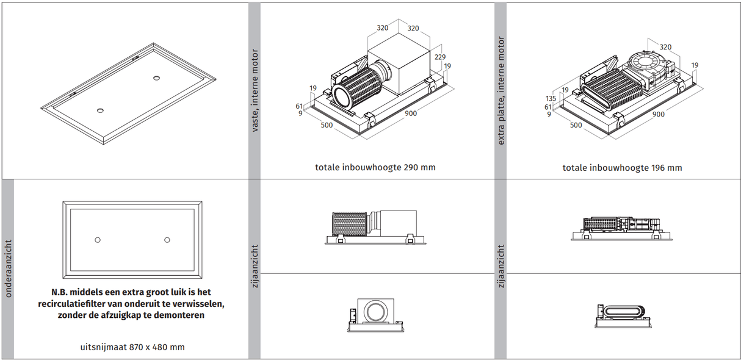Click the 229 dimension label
(439, 56)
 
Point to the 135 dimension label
(551, 98)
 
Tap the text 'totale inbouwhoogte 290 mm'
(375, 167)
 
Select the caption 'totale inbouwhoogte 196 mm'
(622, 167)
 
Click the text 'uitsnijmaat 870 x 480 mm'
(132, 347)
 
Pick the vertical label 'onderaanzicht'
(8, 268)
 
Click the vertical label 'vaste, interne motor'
(255, 90)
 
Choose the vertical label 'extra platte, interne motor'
(501, 91)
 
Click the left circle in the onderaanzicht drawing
(97, 240)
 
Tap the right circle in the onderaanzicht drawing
(167, 240)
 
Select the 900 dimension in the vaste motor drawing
(411, 113)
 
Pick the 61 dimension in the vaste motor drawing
(300, 106)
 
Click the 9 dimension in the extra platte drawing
(549, 114)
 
